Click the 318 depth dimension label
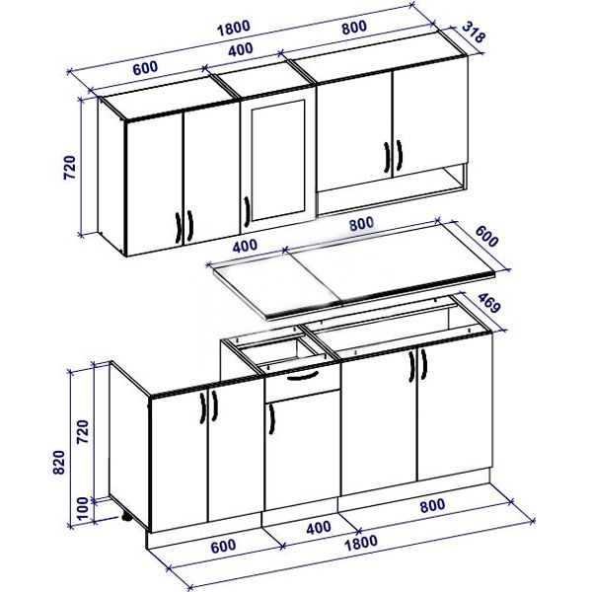pos(473,33)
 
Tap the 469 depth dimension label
pos(489,302)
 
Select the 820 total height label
pos(59,462)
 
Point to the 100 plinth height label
pos(82,508)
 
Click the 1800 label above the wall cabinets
pos(233,28)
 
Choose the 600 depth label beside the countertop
pos(486,236)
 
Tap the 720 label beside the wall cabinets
pos(69,167)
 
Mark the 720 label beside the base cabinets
pos(83,431)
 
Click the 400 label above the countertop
pos(245,247)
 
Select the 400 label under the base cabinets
pos(319,528)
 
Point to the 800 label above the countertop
pos(361,224)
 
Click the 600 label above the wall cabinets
pos(145,67)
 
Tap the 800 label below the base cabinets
pos(433,505)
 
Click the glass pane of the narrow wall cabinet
pos(278,160)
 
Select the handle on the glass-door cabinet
pos(247,211)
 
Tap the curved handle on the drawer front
pos(303,377)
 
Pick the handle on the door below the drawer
pos(271,419)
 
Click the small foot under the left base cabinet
pos(126,517)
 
